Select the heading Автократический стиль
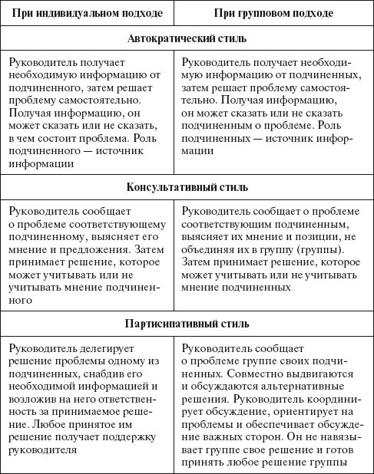[187, 38]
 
